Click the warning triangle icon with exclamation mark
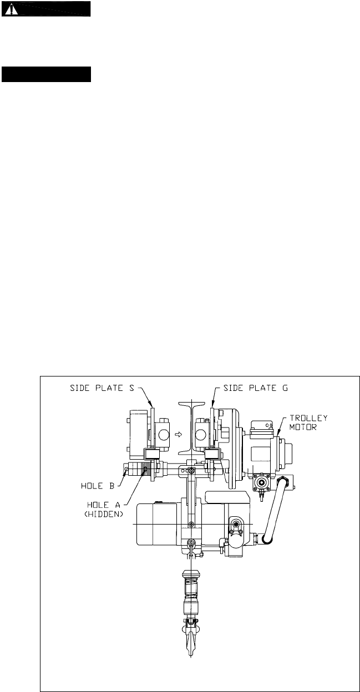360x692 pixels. (11, 10)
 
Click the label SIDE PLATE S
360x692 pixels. (102, 388)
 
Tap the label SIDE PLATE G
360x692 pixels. (256, 388)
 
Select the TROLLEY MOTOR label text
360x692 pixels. (308, 423)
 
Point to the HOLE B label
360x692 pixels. (98, 486)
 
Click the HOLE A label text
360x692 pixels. (103, 505)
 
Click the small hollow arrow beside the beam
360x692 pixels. (178, 434)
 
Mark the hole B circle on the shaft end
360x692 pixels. (126, 470)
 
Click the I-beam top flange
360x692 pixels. (191, 403)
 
